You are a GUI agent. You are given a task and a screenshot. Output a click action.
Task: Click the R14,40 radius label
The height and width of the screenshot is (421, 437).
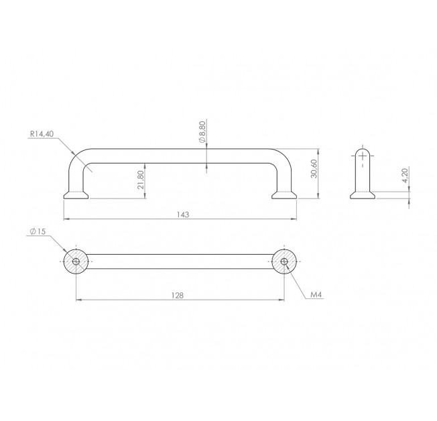pyautogui.click(x=42, y=134)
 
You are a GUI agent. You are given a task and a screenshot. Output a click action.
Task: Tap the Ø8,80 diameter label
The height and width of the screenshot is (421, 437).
pyautogui.click(x=202, y=132)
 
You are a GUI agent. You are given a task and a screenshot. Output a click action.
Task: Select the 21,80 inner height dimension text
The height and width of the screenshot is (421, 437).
pyautogui.click(x=141, y=180)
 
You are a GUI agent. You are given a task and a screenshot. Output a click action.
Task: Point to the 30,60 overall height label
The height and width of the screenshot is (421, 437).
pyautogui.click(x=314, y=169)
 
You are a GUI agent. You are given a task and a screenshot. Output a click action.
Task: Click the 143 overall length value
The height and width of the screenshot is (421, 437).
pyautogui.click(x=183, y=215)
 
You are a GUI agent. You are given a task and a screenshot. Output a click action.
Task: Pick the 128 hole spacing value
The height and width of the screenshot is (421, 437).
pyautogui.click(x=178, y=295)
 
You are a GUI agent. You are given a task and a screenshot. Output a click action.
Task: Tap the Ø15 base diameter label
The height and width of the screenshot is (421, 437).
pyautogui.click(x=38, y=231)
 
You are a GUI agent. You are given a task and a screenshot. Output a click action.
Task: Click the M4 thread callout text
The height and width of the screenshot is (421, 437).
pyautogui.click(x=316, y=294)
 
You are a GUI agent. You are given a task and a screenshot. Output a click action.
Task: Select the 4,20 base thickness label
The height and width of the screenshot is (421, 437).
pyautogui.click(x=405, y=175)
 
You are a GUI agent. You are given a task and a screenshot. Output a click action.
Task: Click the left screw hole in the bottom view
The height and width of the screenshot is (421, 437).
pyautogui.click(x=76, y=261)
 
